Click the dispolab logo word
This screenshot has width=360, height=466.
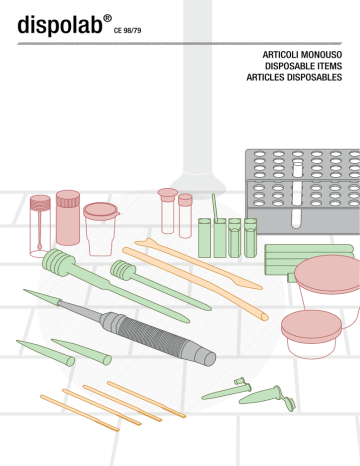tap(60, 24)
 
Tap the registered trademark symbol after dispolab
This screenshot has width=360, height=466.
tap(107, 18)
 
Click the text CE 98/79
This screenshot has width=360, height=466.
tap(127, 31)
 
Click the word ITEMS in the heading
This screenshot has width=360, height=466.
tap(330, 66)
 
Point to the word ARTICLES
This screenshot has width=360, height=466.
tap(266, 77)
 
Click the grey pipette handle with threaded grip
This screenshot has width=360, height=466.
tap(158, 337)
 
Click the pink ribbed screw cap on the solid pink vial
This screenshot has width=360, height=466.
tap(68, 198)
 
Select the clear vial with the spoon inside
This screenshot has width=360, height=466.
tap(40, 226)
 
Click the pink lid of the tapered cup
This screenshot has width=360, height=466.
tap(101, 211)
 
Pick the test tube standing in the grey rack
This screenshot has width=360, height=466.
tap(297, 194)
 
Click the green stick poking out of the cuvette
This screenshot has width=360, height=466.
tap(215, 208)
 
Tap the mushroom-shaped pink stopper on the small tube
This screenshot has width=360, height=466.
tap(168, 195)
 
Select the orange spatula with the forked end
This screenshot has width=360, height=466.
tap(198, 264)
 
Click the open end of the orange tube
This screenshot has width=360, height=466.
tap(265, 316)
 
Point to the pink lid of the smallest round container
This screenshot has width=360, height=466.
tap(311, 326)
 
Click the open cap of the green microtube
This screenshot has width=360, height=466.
tap(288, 403)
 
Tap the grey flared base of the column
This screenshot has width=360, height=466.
tap(197, 182)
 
